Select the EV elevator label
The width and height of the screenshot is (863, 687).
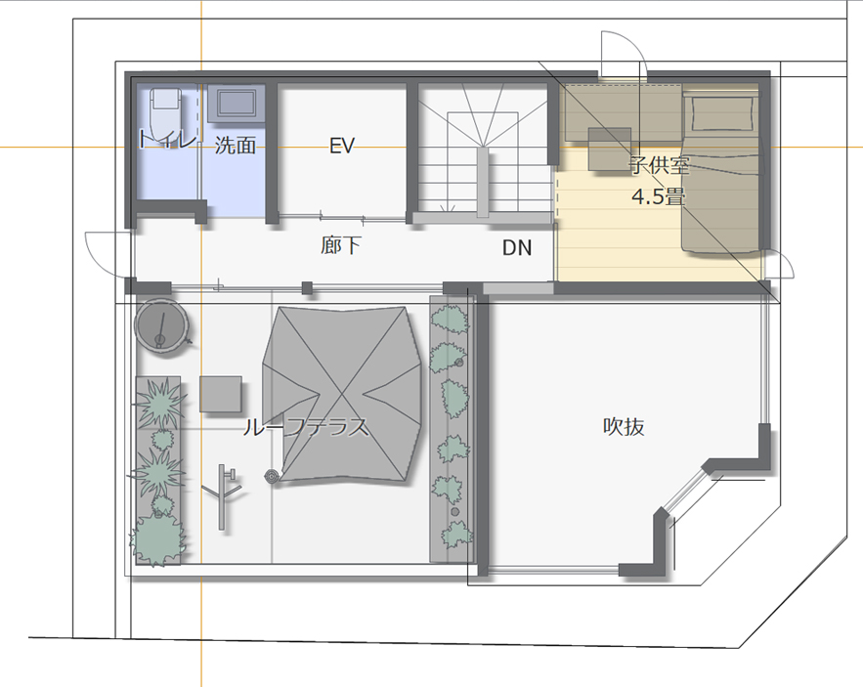pos(341,146)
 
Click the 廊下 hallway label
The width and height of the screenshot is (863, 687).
pos(341,245)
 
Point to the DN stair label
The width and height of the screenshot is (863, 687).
pos(517,247)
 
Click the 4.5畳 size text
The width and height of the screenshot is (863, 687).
pos(659,196)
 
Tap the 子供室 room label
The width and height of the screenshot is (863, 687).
pos(660,164)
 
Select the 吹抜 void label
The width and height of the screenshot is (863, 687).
pos(624,427)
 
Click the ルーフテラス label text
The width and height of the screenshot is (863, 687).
pos(306,427)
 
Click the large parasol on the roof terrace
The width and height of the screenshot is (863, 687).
pos(342,394)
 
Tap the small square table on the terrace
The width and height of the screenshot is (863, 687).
pos(221,394)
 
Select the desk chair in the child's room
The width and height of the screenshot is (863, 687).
pos(610,149)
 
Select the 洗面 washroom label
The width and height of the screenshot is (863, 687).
pos(235,146)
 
